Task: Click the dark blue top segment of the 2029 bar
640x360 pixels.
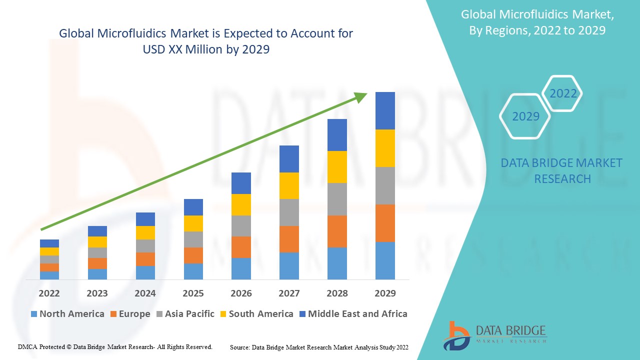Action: [385, 110]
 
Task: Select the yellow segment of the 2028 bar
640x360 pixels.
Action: [337, 166]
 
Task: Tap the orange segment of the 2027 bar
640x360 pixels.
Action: [289, 239]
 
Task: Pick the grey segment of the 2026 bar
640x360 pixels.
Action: [241, 225]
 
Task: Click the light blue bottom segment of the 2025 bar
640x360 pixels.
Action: [193, 271]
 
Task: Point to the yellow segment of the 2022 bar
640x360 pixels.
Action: [49, 251]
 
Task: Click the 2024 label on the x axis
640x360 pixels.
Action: [145, 293]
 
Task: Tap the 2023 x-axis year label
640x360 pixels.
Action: [97, 293]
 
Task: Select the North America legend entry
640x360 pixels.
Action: [67, 314]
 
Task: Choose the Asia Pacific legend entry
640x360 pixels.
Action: [185, 314]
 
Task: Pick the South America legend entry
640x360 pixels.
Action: [256, 314]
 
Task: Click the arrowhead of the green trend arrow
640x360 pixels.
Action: [361, 97]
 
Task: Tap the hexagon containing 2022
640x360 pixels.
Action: [563, 93]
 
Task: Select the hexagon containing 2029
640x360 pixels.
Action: [525, 116]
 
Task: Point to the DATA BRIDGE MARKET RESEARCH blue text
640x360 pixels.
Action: [562, 170]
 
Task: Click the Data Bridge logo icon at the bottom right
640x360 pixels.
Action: [456, 335]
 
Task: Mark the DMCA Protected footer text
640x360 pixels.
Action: [115, 346]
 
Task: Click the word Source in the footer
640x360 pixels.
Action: [240, 346]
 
